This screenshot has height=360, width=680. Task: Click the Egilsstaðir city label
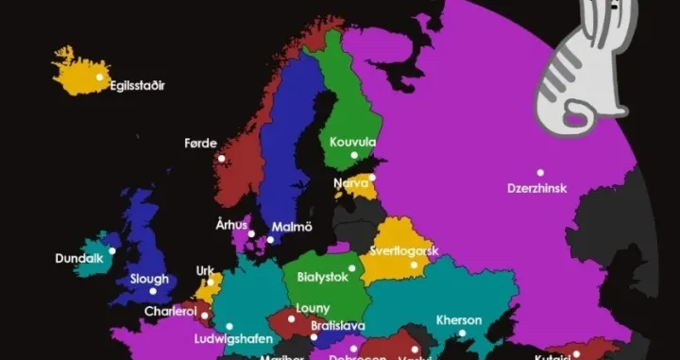click(x=138, y=86)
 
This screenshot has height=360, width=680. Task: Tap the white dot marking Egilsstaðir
click(x=99, y=77)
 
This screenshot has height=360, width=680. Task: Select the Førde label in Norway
click(x=201, y=144)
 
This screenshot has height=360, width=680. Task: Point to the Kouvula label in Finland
click(x=352, y=142)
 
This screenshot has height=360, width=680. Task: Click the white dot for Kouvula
click(x=355, y=155)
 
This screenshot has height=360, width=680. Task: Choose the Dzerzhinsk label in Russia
click(x=536, y=188)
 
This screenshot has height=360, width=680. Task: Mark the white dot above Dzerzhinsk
click(x=540, y=173)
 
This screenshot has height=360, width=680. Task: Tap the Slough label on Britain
click(x=147, y=279)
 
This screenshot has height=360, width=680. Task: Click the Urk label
click(x=205, y=271)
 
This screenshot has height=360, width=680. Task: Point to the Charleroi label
click(x=171, y=311)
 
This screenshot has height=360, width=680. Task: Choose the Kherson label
click(x=459, y=319)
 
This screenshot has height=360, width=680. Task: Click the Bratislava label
click(x=338, y=326)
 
